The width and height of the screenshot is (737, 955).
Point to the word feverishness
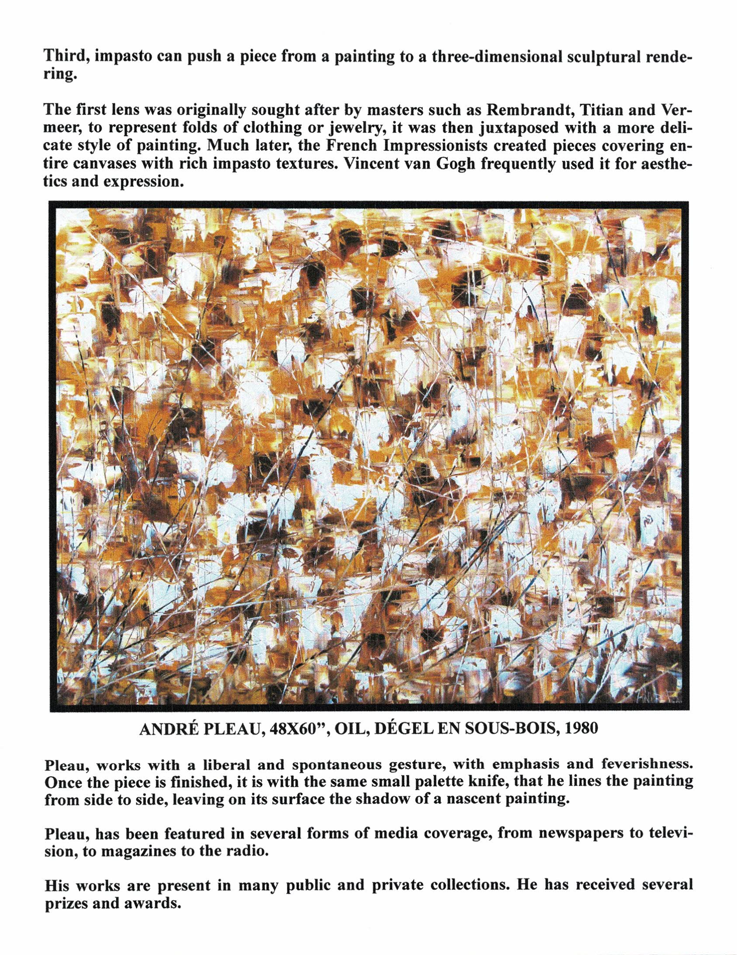click(x=646, y=764)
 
